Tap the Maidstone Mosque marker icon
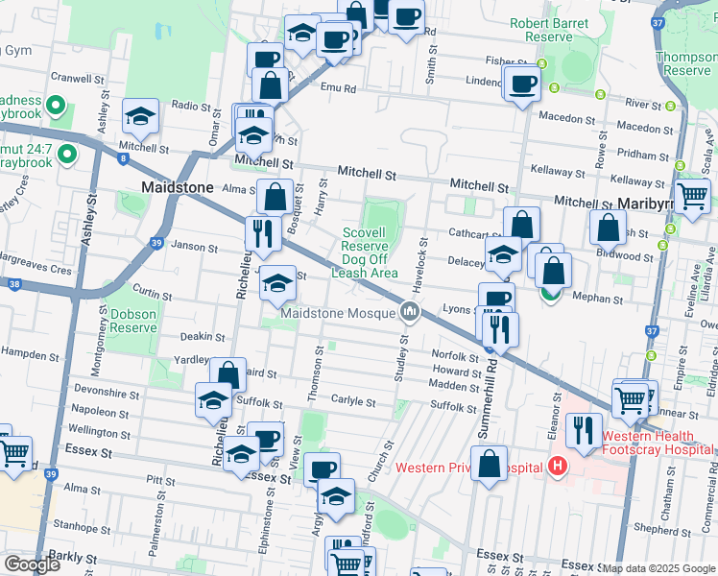point(411,312)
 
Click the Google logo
point(32,564)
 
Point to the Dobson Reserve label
point(132,321)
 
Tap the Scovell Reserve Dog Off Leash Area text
point(365,252)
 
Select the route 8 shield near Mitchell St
point(123,158)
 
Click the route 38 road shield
point(13,284)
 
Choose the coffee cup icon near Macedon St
point(523,84)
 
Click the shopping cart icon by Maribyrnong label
point(691,196)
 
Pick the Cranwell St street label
point(77,78)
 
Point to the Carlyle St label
point(353,401)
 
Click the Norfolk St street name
point(447,355)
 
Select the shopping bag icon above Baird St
point(228,375)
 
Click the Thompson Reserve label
point(687,63)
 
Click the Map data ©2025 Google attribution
point(658,568)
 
